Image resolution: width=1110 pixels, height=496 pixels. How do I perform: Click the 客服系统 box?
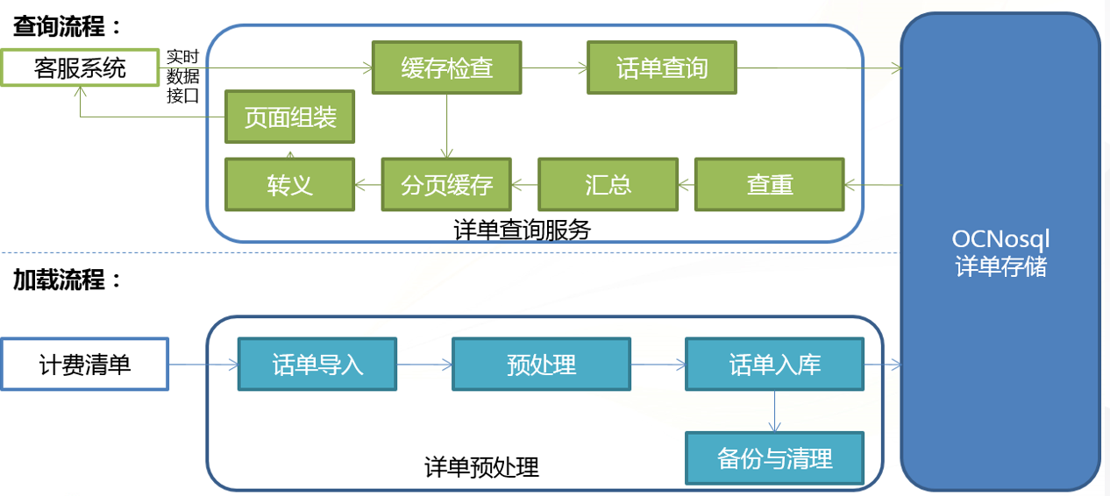[x=80, y=67]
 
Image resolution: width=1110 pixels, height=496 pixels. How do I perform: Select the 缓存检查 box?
[x=446, y=67]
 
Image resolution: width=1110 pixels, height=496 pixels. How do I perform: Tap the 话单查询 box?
[x=662, y=67]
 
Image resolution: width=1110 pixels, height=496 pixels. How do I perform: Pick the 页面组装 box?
[x=290, y=117]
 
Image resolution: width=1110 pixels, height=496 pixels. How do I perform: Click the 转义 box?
[x=290, y=185]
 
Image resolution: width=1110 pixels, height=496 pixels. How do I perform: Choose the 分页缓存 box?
[x=446, y=185]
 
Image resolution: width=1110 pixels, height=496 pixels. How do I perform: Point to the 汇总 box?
[x=608, y=185]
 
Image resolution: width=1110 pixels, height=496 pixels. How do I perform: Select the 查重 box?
[x=770, y=185]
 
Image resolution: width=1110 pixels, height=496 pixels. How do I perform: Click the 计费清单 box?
[x=85, y=365]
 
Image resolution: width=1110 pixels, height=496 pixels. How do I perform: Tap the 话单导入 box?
[x=317, y=365]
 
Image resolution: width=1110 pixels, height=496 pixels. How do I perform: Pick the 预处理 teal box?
[x=541, y=365]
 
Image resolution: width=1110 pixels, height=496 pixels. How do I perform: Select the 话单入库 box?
[x=774, y=365]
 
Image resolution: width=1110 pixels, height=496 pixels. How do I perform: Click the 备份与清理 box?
[x=774, y=457]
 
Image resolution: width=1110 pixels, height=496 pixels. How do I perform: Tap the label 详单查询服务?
[x=522, y=230]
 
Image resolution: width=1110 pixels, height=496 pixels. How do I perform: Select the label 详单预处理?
[x=481, y=467]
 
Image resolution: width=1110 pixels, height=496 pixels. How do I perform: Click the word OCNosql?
[x=1000, y=239]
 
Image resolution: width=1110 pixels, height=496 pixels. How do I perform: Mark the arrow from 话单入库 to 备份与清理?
[x=774, y=411]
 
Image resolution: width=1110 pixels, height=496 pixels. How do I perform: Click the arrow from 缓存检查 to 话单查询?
[x=554, y=67]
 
